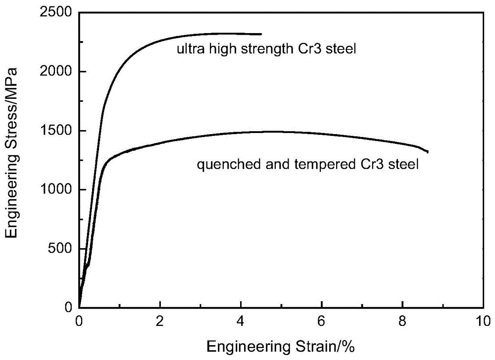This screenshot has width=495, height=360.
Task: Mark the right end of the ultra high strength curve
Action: click(x=261, y=34)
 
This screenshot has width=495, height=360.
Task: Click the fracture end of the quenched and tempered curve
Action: click(x=428, y=152)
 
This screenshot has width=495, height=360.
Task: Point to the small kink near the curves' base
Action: click(x=88, y=266)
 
